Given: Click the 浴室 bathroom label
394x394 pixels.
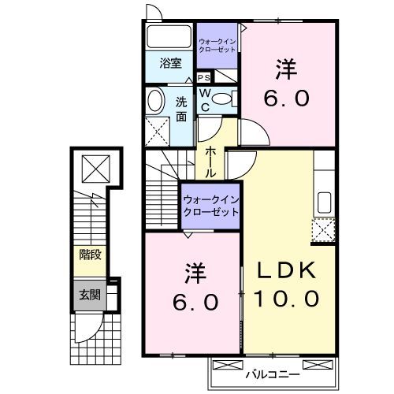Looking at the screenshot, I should pos(171,64).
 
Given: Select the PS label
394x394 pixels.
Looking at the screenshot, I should pos(203,77).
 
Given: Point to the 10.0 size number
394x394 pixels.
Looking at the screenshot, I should pos(287,299).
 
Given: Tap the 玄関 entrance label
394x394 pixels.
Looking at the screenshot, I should pos(88,295).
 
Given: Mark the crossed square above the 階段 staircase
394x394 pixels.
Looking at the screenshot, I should pos(94,166).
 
